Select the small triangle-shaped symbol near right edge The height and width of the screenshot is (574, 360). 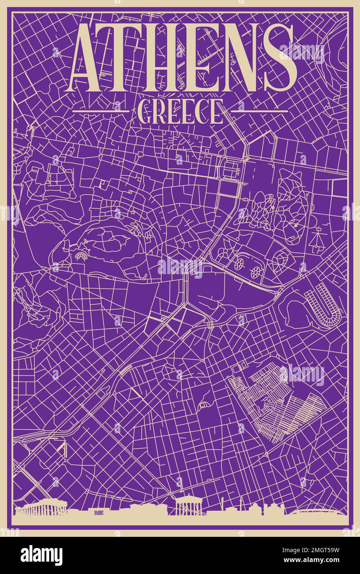pos(317,240)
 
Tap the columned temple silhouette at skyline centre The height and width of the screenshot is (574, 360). pos(188,506)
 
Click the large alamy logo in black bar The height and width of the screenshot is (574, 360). pos(42,555)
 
